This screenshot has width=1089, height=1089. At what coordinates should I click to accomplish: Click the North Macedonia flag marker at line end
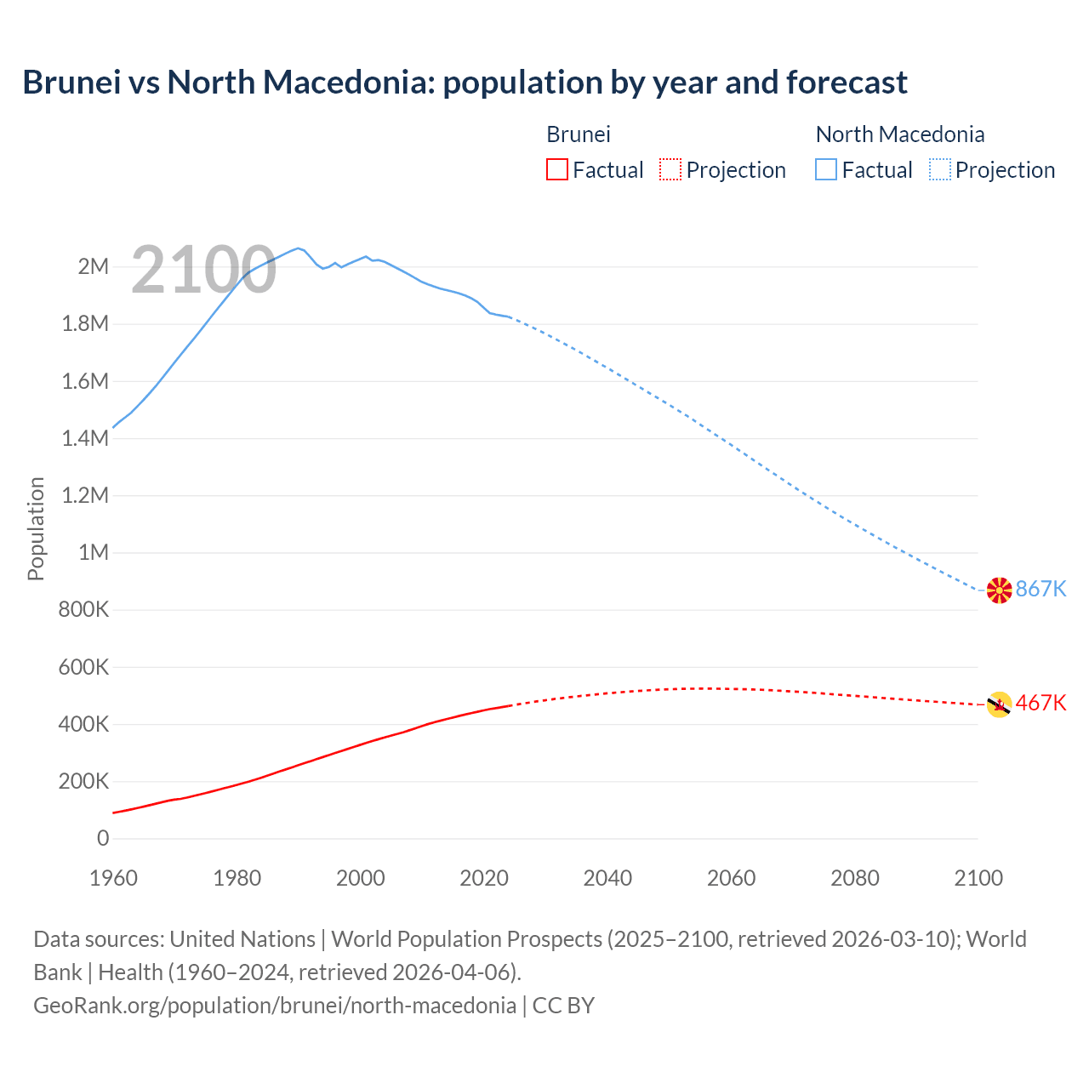999,590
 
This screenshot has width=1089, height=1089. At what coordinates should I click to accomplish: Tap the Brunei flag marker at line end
999,704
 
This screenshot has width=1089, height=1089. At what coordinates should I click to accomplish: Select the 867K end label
1041,589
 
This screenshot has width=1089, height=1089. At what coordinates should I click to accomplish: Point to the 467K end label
1041,703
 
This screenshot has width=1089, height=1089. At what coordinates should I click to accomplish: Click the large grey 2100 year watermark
204,270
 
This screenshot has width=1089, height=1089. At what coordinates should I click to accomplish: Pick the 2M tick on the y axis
94,266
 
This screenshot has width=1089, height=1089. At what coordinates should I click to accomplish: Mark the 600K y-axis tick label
83,667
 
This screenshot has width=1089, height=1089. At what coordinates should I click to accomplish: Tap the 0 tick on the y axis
103,838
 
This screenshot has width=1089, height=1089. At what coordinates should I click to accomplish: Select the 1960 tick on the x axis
113,878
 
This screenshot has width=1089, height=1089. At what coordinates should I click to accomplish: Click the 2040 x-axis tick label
607,878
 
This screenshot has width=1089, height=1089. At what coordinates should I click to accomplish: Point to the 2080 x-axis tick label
855,878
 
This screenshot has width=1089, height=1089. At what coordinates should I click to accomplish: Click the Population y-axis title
36,528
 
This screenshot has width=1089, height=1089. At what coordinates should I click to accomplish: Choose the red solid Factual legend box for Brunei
557,169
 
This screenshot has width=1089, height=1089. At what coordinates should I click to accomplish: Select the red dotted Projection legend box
670,169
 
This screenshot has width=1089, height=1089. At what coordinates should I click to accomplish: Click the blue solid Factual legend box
826,169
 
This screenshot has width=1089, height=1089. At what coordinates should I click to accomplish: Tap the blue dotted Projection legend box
940,169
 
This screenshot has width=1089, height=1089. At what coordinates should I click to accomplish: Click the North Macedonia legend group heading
900,134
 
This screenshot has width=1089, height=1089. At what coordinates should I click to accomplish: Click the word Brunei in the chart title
71,83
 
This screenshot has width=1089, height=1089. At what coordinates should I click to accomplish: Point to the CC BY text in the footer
563,1006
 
